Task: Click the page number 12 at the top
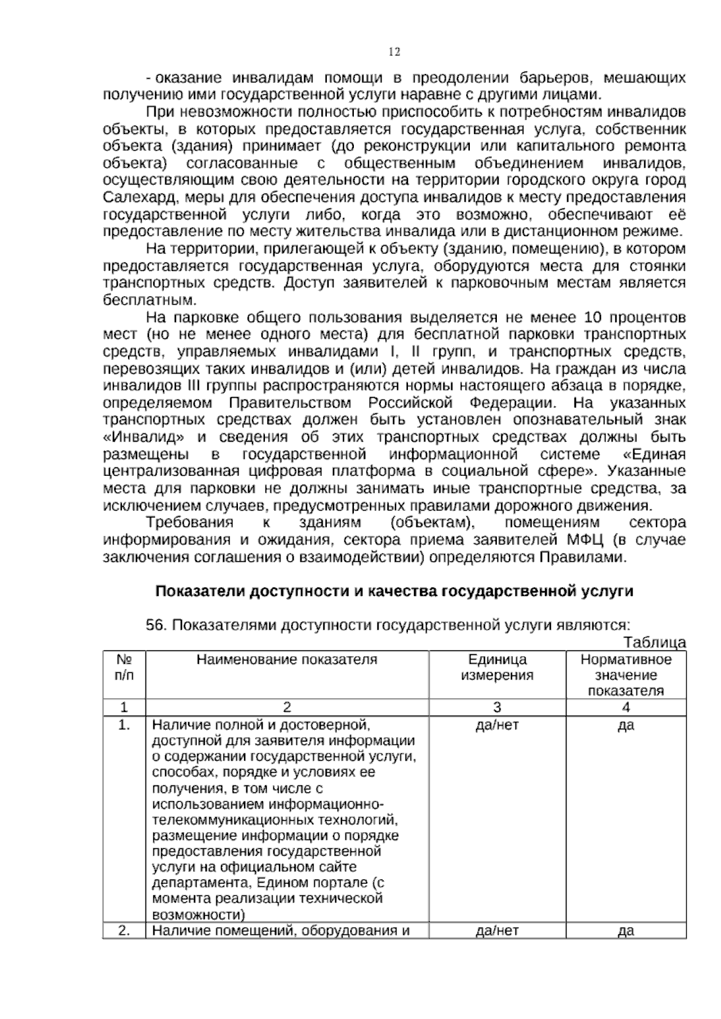(394, 52)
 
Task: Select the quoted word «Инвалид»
(144, 436)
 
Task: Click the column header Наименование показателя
(287, 659)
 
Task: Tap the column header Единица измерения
(497, 667)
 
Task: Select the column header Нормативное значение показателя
(625, 675)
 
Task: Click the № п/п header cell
(124, 667)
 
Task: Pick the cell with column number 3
(497, 707)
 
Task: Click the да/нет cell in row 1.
(497, 725)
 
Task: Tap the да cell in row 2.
(625, 931)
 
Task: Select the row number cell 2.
(124, 931)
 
